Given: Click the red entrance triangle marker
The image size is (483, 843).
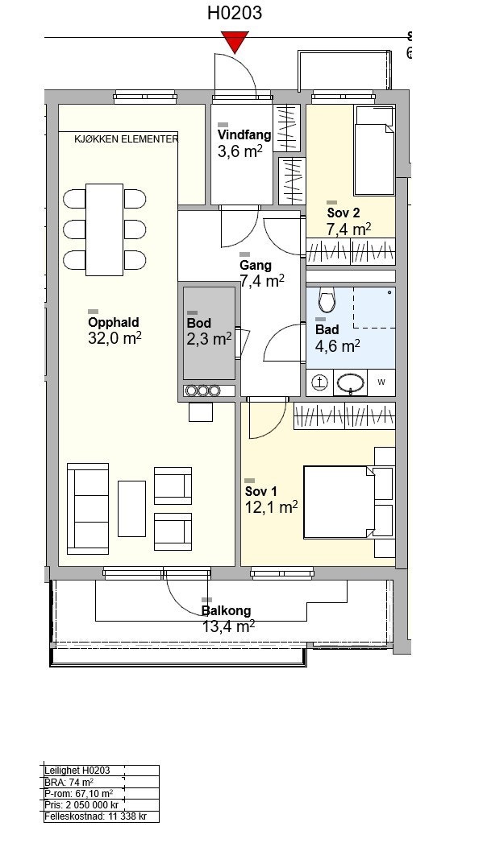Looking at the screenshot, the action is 235,42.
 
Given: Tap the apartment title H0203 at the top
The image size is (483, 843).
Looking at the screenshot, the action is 235,13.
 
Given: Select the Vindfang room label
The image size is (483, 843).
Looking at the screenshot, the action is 244,134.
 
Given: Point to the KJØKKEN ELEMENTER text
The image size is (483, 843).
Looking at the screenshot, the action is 127,139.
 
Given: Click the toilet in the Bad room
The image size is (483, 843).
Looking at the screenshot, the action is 327,300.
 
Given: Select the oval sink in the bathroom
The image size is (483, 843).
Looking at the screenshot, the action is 351,382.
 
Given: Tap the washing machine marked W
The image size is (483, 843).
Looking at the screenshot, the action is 381,382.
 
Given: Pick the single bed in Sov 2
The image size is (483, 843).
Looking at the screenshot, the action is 374,150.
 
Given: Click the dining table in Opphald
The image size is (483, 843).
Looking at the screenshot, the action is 105,229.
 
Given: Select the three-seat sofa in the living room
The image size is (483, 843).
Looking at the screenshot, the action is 88,509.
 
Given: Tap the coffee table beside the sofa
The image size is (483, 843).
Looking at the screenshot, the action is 132,509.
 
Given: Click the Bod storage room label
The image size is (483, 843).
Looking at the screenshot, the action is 198,323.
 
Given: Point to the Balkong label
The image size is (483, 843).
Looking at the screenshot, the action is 226,611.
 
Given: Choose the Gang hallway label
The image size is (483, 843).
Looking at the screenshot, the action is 256,265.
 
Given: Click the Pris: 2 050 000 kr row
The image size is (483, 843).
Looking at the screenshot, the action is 82,805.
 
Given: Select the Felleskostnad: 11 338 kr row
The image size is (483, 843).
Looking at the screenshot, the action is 95,816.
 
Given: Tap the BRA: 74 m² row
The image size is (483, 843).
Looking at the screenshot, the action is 69,783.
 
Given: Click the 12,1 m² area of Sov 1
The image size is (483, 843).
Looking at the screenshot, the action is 272,507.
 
